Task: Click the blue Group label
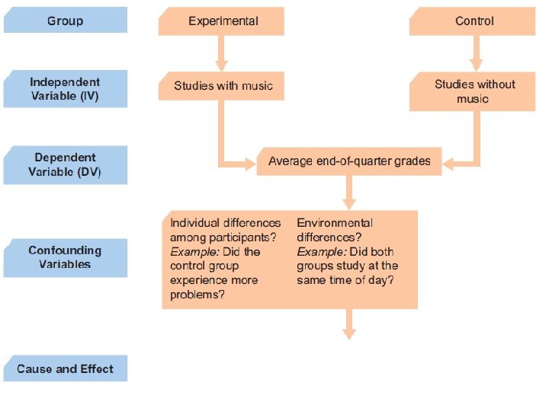click(66, 21)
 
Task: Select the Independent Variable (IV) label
click(66, 89)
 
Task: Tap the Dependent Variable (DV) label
click(66, 165)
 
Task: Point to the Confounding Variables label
click(66, 257)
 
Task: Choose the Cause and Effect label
click(66, 369)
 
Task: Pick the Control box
click(474, 21)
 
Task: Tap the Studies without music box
click(474, 91)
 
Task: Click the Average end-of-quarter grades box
click(349, 161)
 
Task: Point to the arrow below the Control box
click(476, 54)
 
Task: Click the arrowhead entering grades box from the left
click(249, 162)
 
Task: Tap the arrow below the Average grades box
click(349, 193)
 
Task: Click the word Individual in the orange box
click(194, 223)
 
